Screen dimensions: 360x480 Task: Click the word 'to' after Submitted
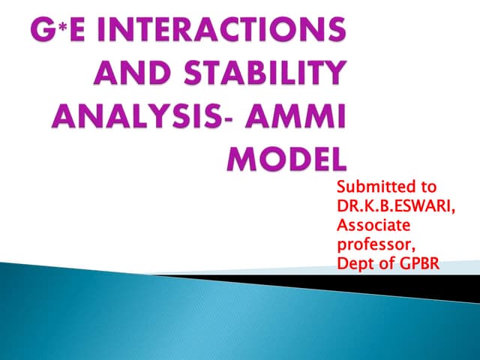tap(427, 187)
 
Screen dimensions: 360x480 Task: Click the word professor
tap(372, 243)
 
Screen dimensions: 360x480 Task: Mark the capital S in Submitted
tap(342, 187)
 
